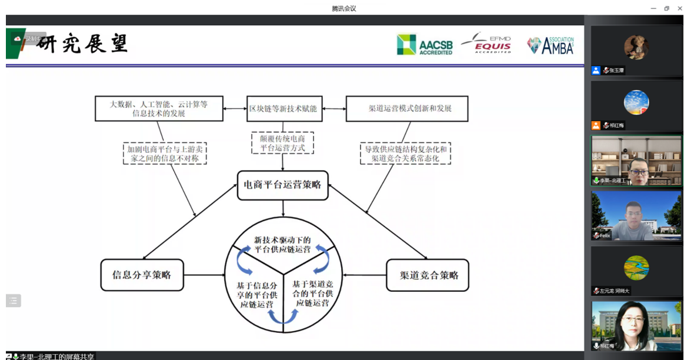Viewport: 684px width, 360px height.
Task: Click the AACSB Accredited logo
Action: coord(425,45)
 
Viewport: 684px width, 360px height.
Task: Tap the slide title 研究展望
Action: coord(82,44)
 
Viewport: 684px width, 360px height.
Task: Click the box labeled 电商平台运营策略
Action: coord(283,185)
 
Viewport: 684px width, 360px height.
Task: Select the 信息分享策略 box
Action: coord(142,275)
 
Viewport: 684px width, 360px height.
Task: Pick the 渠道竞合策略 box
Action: coord(428,275)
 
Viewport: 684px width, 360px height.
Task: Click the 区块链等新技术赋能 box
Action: coord(283,109)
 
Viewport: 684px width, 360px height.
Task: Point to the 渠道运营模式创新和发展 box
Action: coord(406,109)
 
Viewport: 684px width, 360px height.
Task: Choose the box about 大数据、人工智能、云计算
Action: coord(159,109)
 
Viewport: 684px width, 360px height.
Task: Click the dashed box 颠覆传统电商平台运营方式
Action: coord(283,143)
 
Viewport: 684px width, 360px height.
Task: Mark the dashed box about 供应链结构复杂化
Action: coord(405,153)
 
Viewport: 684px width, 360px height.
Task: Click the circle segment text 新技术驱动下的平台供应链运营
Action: coord(283,244)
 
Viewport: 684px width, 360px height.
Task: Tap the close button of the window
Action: coord(678,8)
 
